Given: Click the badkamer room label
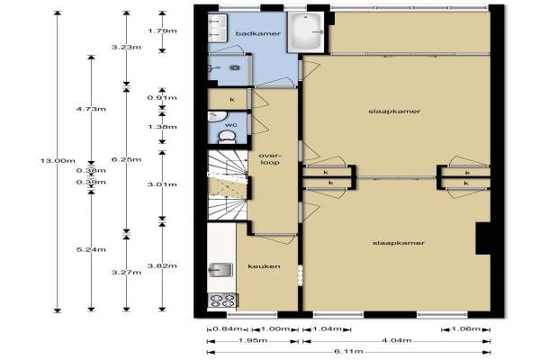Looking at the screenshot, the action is [258, 34].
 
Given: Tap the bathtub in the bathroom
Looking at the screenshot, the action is [305, 32].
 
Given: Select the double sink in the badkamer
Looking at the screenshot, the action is [218, 28].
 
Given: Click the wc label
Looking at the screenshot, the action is [230, 125].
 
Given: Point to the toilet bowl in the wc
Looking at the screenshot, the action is [227, 137].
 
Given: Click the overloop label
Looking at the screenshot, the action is [270, 158].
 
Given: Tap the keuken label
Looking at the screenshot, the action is [264, 266].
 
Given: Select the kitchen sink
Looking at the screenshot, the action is [220, 270].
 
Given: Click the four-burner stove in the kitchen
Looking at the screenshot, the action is [223, 300].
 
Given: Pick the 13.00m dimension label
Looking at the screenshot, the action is [58, 160].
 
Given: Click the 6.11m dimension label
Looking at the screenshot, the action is [348, 352].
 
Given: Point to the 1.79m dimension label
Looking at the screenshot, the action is [162, 31].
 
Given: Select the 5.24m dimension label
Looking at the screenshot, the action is [91, 249].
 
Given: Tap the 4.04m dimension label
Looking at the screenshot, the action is [396, 341].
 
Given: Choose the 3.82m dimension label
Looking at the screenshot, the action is [162, 265].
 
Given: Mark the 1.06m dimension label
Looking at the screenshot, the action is [465, 329].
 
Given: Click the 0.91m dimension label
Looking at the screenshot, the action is [162, 98].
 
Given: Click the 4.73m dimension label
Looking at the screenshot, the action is [91, 109].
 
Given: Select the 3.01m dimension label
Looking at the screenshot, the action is [162, 184].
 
